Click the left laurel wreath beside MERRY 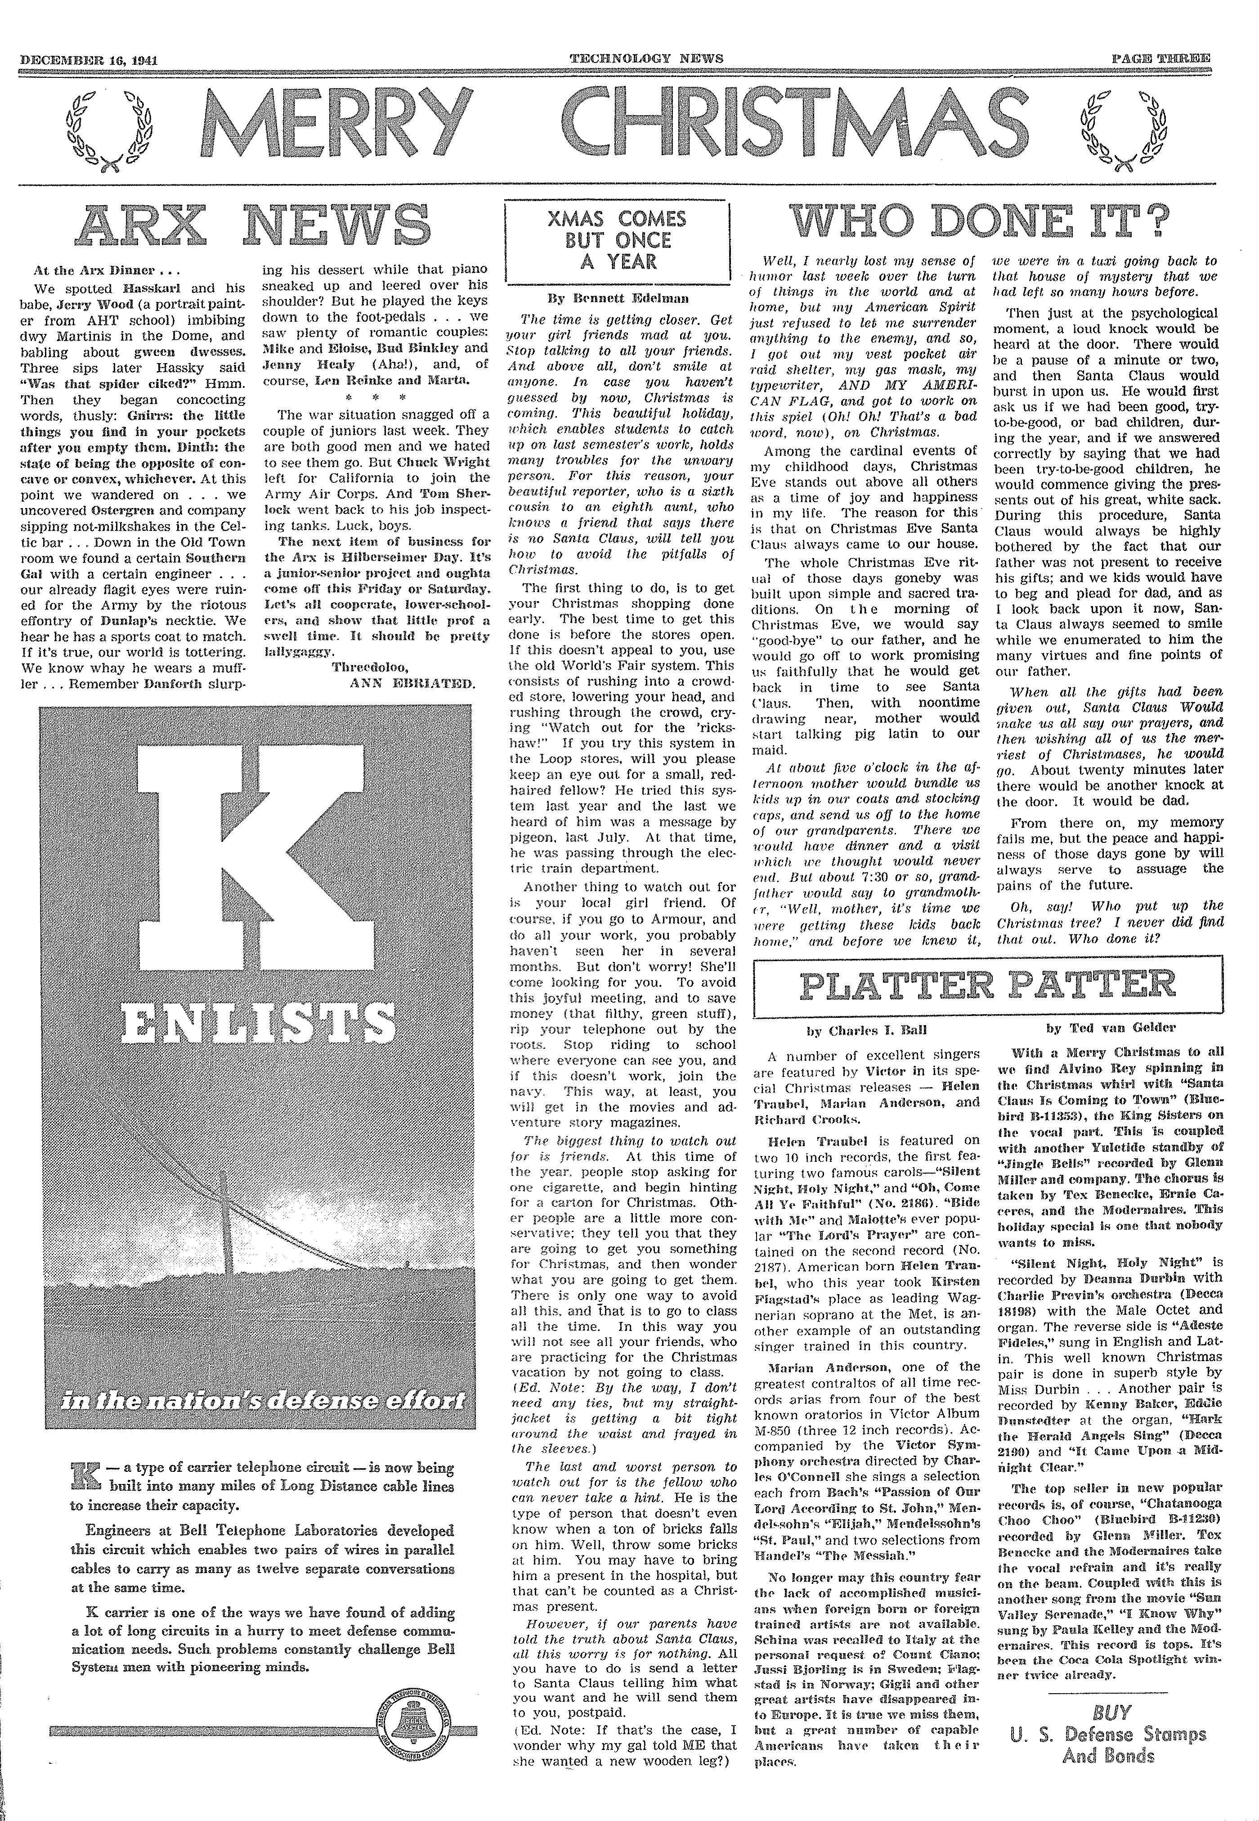coord(111,130)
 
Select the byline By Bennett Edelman coord(618,299)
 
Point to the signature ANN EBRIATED coord(412,683)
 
